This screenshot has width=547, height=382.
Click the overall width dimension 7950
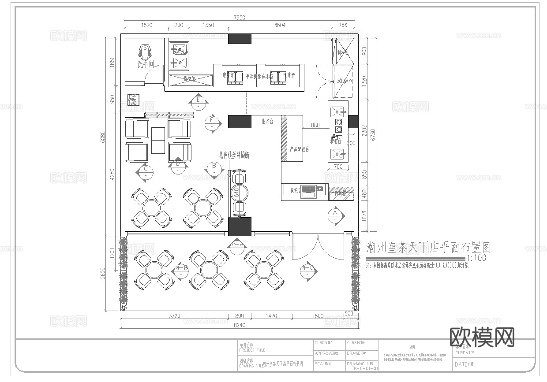(239, 18)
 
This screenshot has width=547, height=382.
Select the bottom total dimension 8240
(239, 325)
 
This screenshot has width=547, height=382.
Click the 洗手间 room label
(145, 64)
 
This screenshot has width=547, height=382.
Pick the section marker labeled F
(212, 123)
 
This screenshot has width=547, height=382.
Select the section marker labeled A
(335, 215)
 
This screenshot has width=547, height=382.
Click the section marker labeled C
(145, 172)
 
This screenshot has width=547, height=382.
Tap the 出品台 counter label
(267, 121)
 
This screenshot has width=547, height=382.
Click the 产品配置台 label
(299, 149)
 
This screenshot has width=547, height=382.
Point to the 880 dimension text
(315, 125)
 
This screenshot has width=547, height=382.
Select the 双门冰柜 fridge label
(345, 81)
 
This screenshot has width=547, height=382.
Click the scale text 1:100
(476, 258)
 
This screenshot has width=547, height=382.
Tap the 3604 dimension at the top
(280, 25)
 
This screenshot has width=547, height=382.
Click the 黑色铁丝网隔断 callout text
(234, 155)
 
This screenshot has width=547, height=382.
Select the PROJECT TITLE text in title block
(252, 350)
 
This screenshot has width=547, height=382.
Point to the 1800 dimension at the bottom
(318, 316)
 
